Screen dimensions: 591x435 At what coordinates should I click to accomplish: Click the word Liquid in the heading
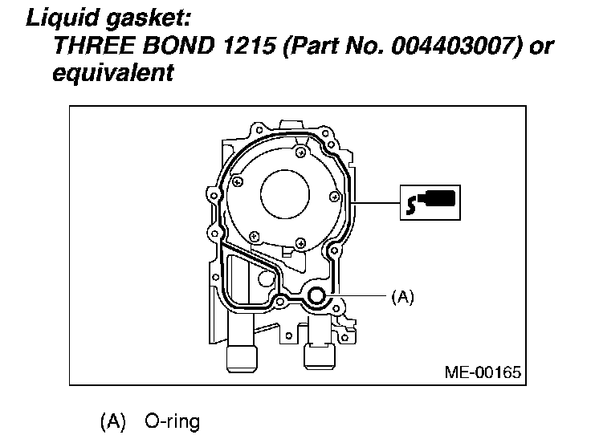coord(63,18)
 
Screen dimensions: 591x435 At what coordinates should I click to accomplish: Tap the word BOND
coord(178,46)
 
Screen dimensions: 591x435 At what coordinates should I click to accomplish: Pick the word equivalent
coord(113,73)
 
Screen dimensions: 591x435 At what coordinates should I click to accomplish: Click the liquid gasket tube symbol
coord(430,202)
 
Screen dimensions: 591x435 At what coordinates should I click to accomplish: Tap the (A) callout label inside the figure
coord(402,297)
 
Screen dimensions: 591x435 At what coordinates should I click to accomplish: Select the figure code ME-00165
coord(483,372)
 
